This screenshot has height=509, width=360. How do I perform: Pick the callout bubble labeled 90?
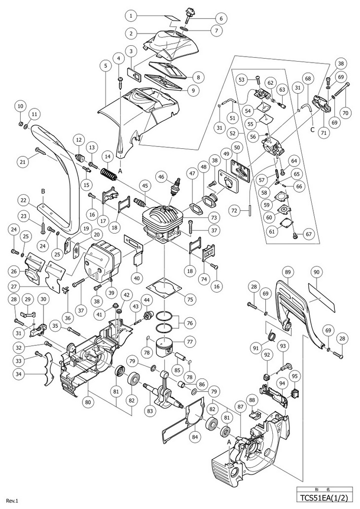[x=316, y=271]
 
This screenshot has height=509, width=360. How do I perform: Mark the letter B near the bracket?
[x=43, y=191]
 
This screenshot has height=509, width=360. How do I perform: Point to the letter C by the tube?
[x=312, y=131]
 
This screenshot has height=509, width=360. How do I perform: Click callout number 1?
[x=131, y=16]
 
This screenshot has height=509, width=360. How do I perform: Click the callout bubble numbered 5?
[x=105, y=65]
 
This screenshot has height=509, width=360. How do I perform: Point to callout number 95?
[x=295, y=376]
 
